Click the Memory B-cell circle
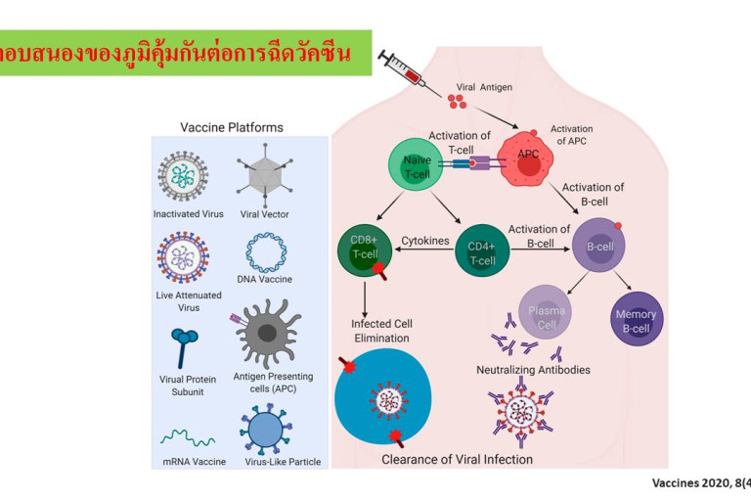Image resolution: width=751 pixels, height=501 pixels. point(636,321)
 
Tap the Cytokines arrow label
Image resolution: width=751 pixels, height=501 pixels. point(425,239)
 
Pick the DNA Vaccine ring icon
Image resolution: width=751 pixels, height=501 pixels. point(266,251)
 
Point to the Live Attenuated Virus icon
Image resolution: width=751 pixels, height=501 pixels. point(184,256)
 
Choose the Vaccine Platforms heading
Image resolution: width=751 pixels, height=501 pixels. point(232,127)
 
